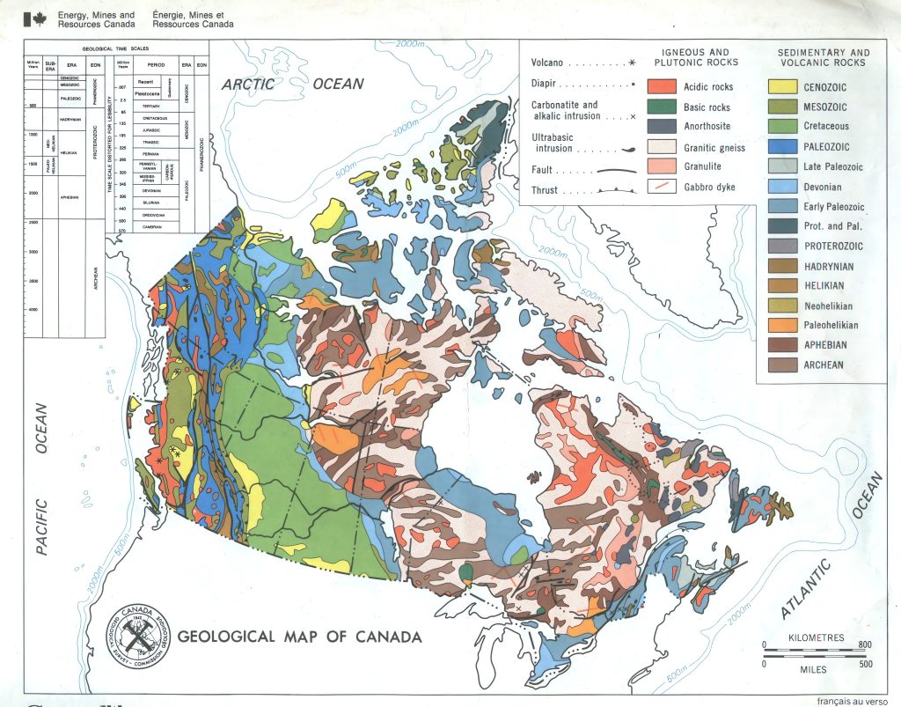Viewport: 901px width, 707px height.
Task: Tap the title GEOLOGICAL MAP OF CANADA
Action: pos(299,637)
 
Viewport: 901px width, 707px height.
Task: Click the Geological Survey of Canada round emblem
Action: pos(137,634)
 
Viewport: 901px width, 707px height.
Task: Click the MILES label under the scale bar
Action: pos(815,669)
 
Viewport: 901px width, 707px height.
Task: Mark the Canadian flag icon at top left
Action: pos(37,19)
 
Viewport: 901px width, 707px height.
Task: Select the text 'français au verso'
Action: pos(853,701)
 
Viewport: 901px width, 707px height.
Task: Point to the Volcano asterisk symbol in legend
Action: pos(632,63)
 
